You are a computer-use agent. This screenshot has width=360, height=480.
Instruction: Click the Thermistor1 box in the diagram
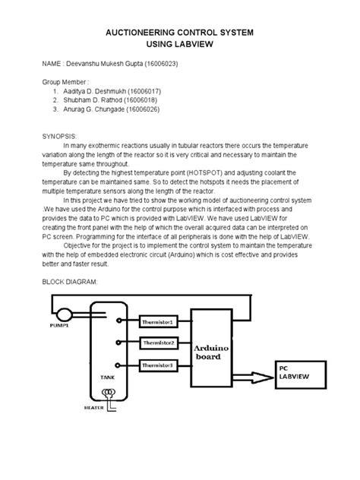click(159, 323)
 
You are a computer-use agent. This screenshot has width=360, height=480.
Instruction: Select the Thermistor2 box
click(159, 344)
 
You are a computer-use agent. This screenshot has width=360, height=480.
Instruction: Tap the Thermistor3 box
click(159, 366)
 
